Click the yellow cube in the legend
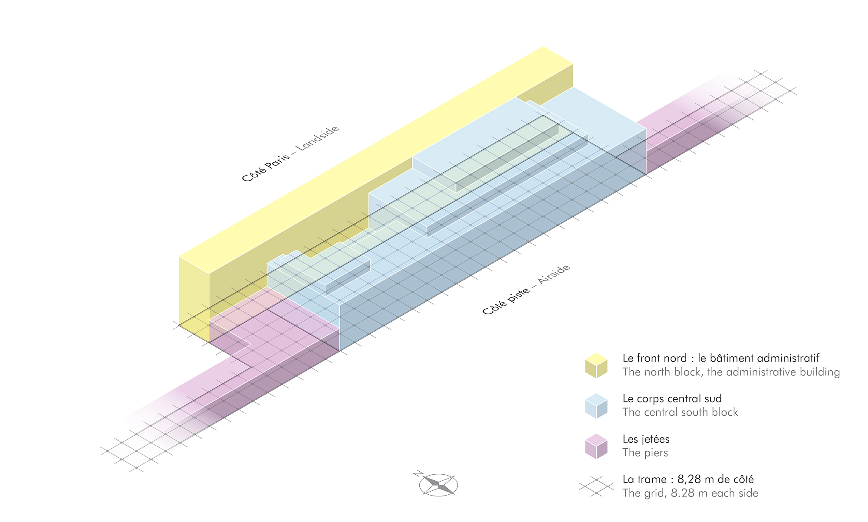coord(596,365)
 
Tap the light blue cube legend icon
coord(596,406)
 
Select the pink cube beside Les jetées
coord(596,446)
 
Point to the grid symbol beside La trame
coord(596,486)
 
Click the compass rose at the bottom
coord(438,485)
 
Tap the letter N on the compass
coord(418,473)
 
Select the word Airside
coord(554,274)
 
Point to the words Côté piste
coord(506,301)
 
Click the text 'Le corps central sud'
coord(672,398)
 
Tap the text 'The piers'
coord(645,453)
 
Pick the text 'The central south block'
coord(680,412)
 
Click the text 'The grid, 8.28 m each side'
coord(690,493)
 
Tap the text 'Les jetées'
coord(646,439)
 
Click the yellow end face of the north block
coord(194,299)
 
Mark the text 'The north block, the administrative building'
coord(731,372)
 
